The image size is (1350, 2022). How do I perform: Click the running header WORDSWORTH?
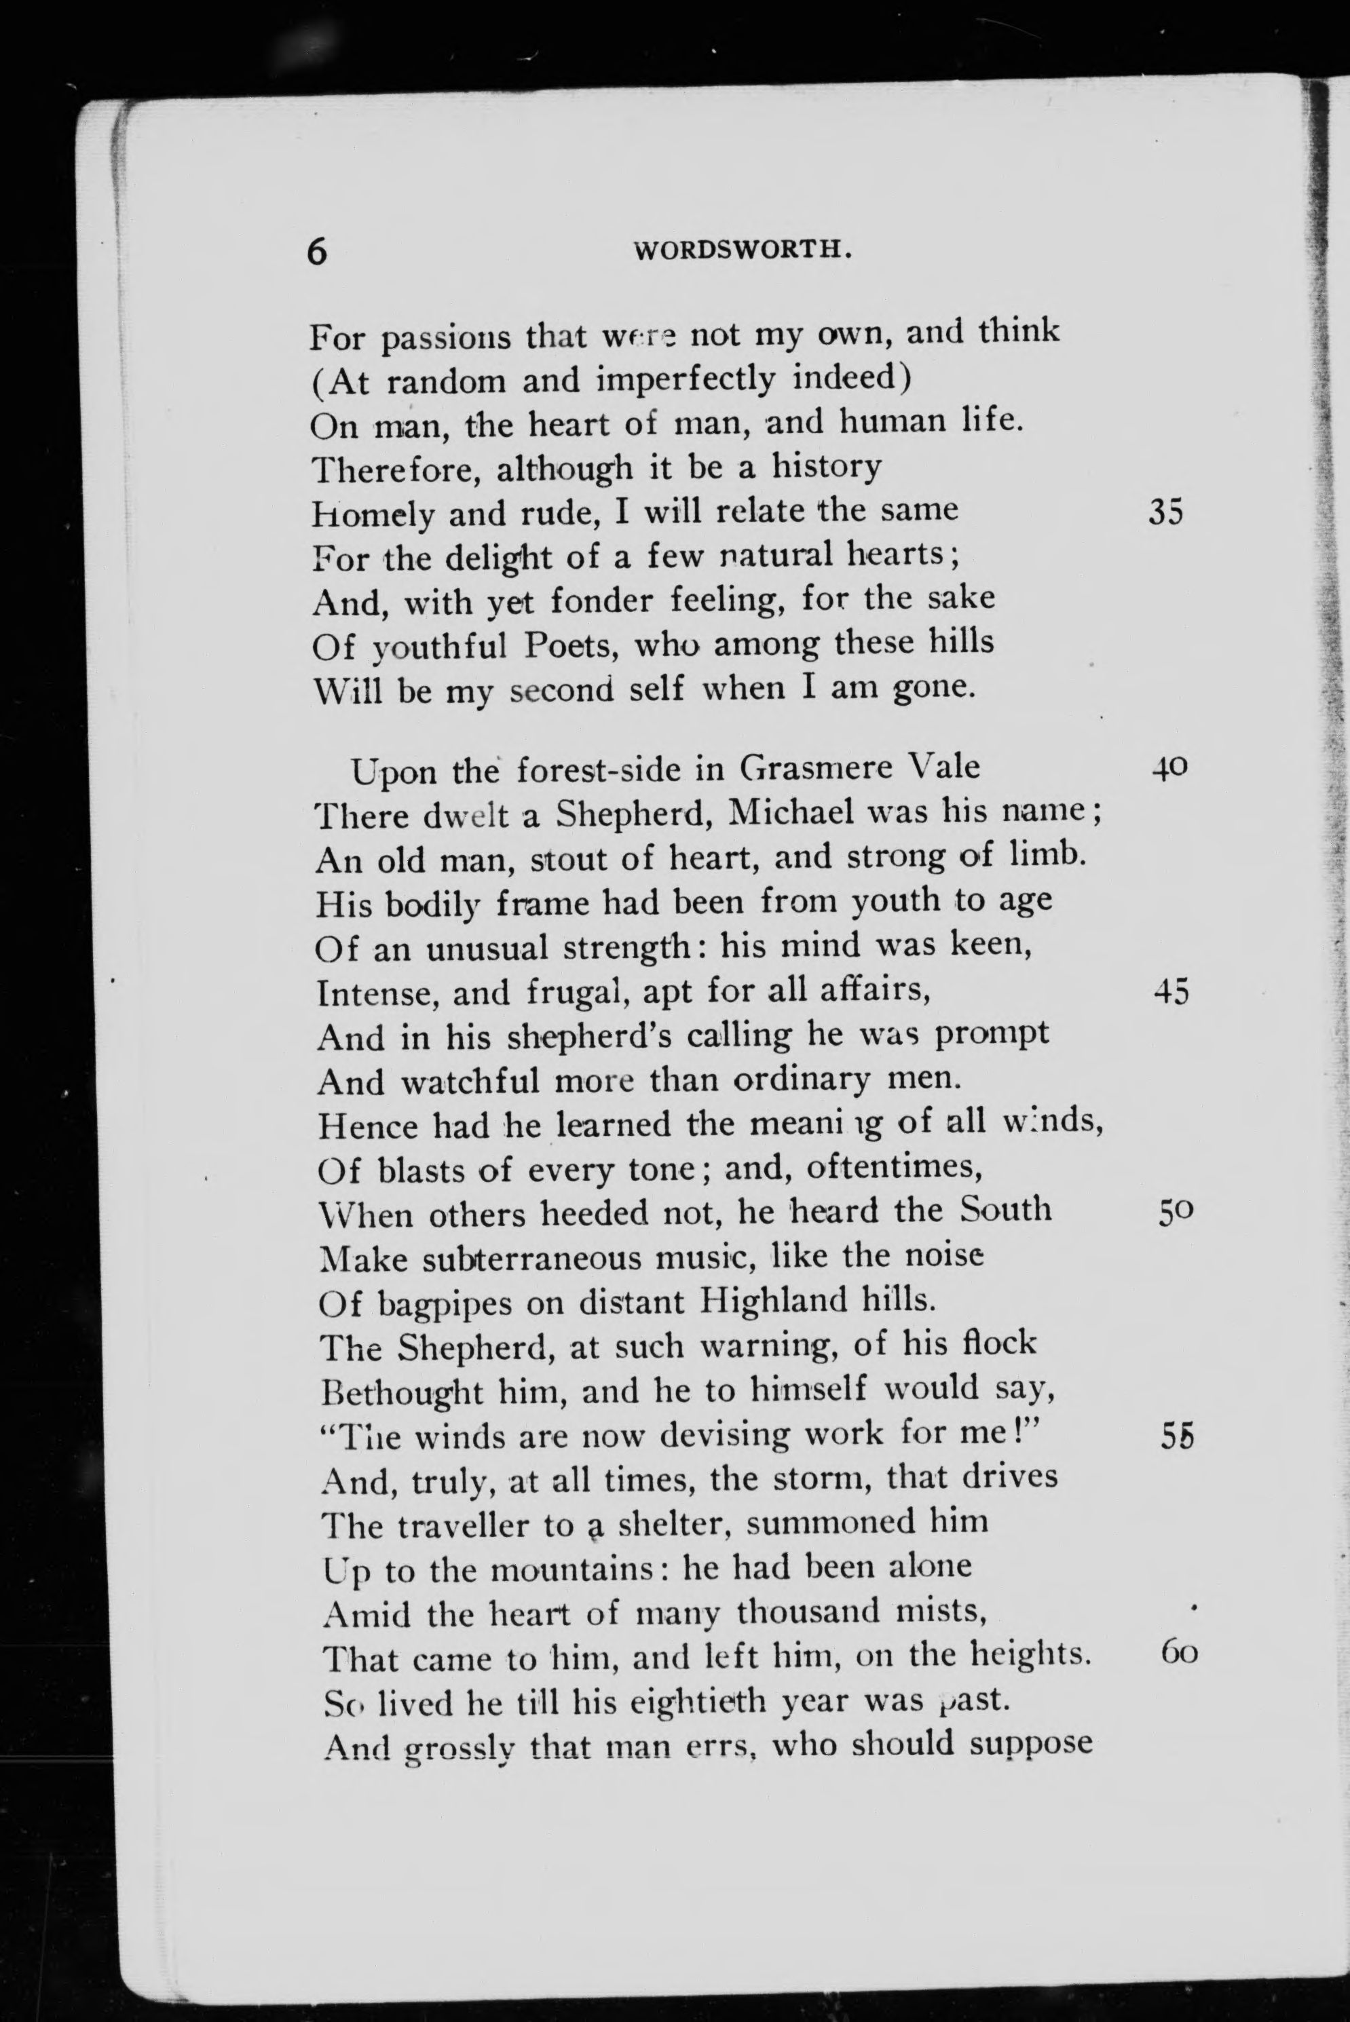[x=743, y=250]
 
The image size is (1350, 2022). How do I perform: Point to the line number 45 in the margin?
[x=1171, y=993]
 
